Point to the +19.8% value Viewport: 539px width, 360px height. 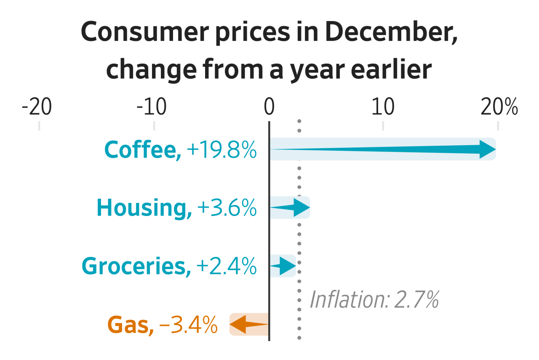(x=221, y=149)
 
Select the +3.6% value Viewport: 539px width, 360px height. (x=226, y=208)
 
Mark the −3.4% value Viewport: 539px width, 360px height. (x=188, y=325)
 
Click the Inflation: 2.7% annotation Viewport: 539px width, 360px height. (x=374, y=300)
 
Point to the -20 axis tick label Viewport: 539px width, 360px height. (x=37, y=108)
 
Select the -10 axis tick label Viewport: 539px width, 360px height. (x=152, y=108)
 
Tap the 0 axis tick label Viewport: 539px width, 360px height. (x=269, y=108)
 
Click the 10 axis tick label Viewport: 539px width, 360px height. (x=383, y=108)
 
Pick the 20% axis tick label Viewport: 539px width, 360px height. (x=499, y=108)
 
